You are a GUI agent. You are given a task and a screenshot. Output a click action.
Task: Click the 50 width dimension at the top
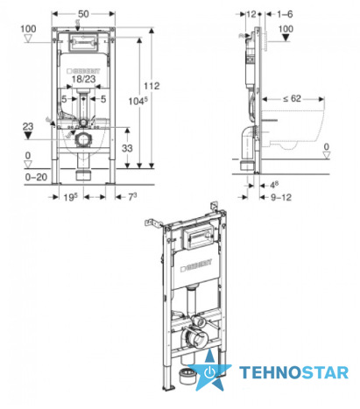(x=83, y=14)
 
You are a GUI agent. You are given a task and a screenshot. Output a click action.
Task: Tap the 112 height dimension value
(x=152, y=86)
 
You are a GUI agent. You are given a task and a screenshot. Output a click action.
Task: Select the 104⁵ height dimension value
(x=138, y=101)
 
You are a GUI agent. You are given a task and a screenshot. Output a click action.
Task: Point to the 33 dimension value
(x=127, y=148)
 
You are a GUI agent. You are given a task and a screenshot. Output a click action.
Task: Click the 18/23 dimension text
(x=84, y=79)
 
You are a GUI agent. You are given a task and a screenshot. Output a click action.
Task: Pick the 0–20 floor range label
(x=36, y=177)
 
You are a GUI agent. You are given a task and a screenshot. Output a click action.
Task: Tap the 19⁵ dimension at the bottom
(x=71, y=197)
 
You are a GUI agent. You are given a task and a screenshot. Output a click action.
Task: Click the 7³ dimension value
(x=132, y=197)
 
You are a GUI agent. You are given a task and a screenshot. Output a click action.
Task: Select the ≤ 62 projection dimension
(x=292, y=99)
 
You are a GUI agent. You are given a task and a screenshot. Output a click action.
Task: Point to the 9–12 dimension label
(x=281, y=197)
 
